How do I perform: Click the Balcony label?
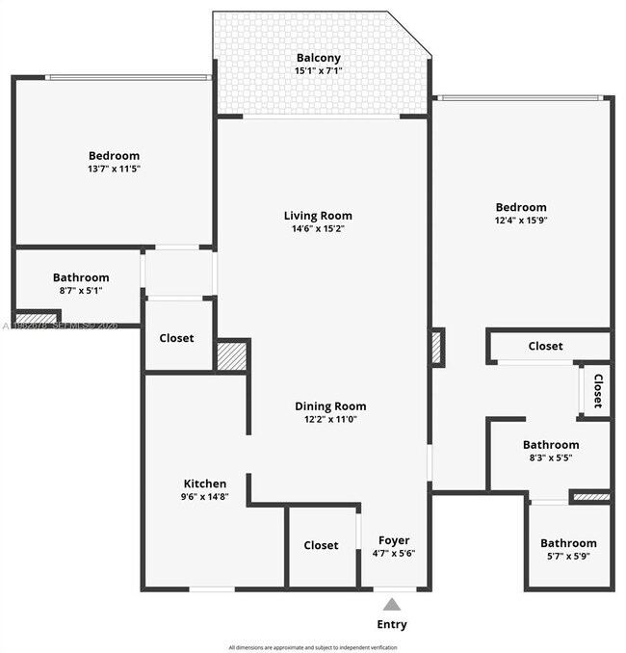coord(318,58)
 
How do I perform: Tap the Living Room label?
coord(318,216)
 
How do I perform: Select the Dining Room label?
coord(330,406)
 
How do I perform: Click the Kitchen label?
coord(205,483)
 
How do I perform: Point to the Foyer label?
coord(393,540)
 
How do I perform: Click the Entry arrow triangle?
coord(392,604)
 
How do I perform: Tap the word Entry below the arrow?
coord(392,624)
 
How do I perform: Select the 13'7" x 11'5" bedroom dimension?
coord(114,169)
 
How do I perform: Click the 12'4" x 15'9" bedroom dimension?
coord(521,220)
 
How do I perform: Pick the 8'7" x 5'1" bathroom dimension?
coord(81,290)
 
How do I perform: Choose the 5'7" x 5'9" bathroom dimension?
coord(568,556)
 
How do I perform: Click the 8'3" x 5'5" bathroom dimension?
coord(551,457)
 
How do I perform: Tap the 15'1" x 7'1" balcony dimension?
coord(318,70)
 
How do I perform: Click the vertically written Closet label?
coord(597,391)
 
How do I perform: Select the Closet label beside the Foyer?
coord(321,545)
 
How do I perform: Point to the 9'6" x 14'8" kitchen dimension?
coord(205,497)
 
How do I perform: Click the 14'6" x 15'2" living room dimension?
coord(318,229)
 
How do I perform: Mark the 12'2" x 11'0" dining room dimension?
coord(330,420)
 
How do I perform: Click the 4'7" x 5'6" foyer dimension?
coord(393,554)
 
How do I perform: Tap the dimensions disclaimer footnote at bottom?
coord(313,646)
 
